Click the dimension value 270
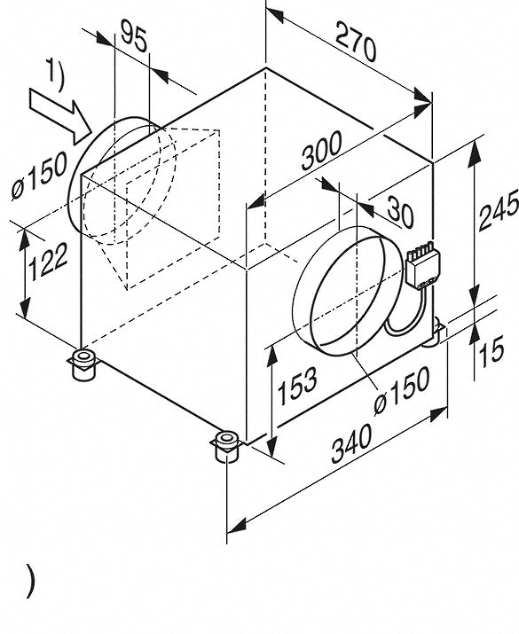coord(356,43)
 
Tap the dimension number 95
coord(133,37)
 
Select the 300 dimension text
coord(322,151)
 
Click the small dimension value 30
coord(400,211)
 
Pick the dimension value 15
coord(491,351)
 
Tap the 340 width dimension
coord(351,444)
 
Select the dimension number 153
coord(297,386)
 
